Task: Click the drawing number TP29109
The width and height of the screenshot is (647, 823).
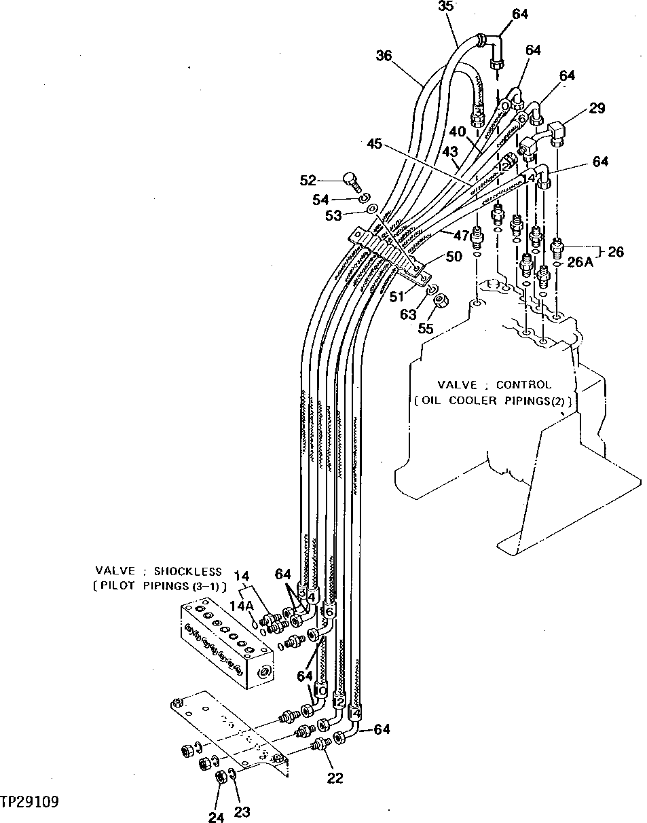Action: [30, 802]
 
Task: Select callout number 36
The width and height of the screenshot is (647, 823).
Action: [384, 56]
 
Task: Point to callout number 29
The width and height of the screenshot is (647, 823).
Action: [597, 108]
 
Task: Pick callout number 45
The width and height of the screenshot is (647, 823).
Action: [375, 144]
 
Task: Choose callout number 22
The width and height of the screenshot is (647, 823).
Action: [335, 778]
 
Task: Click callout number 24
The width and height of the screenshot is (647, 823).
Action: [216, 818]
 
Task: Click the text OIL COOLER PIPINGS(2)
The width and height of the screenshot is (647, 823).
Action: [493, 401]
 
